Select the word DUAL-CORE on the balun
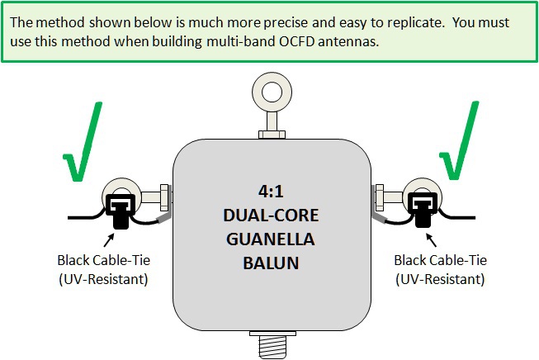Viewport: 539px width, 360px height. [x=270, y=214]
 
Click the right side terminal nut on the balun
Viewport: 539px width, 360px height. [x=377, y=198]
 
